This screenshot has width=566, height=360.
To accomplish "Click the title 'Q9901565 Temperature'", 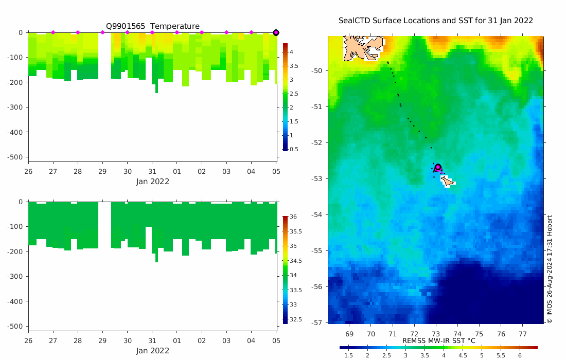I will [152, 26].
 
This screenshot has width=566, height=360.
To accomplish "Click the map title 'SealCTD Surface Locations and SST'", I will [435, 21].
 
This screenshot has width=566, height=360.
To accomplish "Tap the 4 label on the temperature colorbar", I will [291, 52].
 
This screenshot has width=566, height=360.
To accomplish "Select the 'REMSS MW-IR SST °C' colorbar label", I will [438, 340].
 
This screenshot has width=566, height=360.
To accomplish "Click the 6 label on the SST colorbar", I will [520, 355].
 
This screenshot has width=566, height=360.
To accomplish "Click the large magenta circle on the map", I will [438, 167].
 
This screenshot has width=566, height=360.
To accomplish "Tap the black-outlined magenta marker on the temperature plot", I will [276, 32].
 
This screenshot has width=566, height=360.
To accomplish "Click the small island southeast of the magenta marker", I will [447, 181].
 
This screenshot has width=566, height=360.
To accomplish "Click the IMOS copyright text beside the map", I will [549, 269].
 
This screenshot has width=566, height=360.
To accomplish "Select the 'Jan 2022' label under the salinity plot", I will [152, 351].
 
